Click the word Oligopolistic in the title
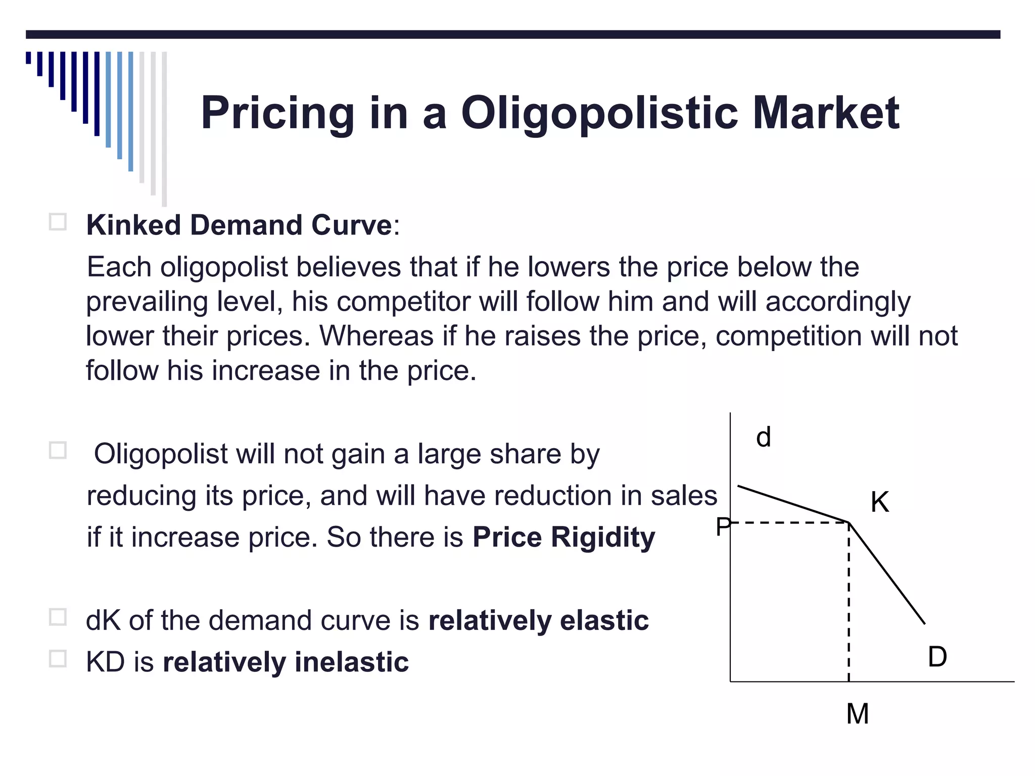tap(599, 114)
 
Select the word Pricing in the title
tap(277, 114)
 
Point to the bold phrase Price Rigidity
tap(563, 537)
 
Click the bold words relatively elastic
tap(538, 620)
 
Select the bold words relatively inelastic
tap(286, 662)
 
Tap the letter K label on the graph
tap(879, 502)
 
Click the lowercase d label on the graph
tap(763, 438)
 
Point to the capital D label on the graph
tap(937, 657)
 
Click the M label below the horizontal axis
tap(858, 714)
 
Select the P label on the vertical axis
tap(723, 527)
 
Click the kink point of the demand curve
tap(849, 522)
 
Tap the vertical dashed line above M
tap(849, 606)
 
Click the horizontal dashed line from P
tap(788, 522)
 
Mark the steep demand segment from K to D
tap(887, 574)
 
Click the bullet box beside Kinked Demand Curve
tap(58, 222)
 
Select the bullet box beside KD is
tap(58, 659)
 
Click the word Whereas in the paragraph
tap(377, 336)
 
